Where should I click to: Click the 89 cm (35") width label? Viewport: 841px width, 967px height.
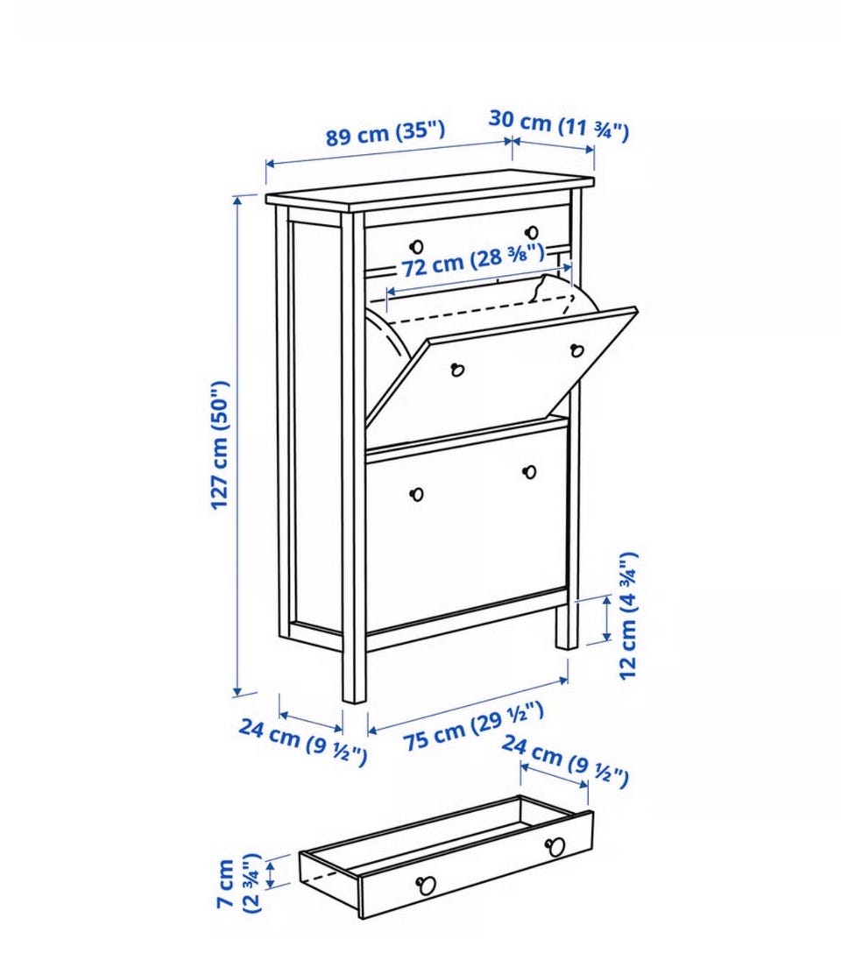click(x=385, y=133)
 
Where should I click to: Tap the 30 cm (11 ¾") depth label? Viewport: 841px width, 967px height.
click(x=558, y=125)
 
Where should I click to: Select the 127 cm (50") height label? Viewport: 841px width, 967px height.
click(x=220, y=445)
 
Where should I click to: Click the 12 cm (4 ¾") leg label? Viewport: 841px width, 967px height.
click(x=627, y=616)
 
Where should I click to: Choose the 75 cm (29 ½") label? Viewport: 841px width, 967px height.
click(x=474, y=726)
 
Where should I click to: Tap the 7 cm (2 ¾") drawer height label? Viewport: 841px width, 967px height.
click(x=239, y=883)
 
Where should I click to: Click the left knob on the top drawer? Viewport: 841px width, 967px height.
click(x=417, y=247)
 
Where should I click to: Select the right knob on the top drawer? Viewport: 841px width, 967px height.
click(x=531, y=232)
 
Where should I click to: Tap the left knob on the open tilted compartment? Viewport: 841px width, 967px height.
click(x=457, y=370)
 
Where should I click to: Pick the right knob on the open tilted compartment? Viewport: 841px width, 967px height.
click(x=577, y=350)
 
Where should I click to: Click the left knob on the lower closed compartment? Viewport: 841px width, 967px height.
click(x=417, y=494)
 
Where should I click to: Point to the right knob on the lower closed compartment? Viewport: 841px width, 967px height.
click(x=529, y=472)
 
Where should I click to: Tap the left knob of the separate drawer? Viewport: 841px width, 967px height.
click(x=427, y=886)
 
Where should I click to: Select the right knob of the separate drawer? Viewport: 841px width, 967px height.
click(x=555, y=846)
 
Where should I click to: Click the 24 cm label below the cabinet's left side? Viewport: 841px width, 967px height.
click(x=303, y=740)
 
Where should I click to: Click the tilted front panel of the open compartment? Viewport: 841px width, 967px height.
click(x=501, y=368)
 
